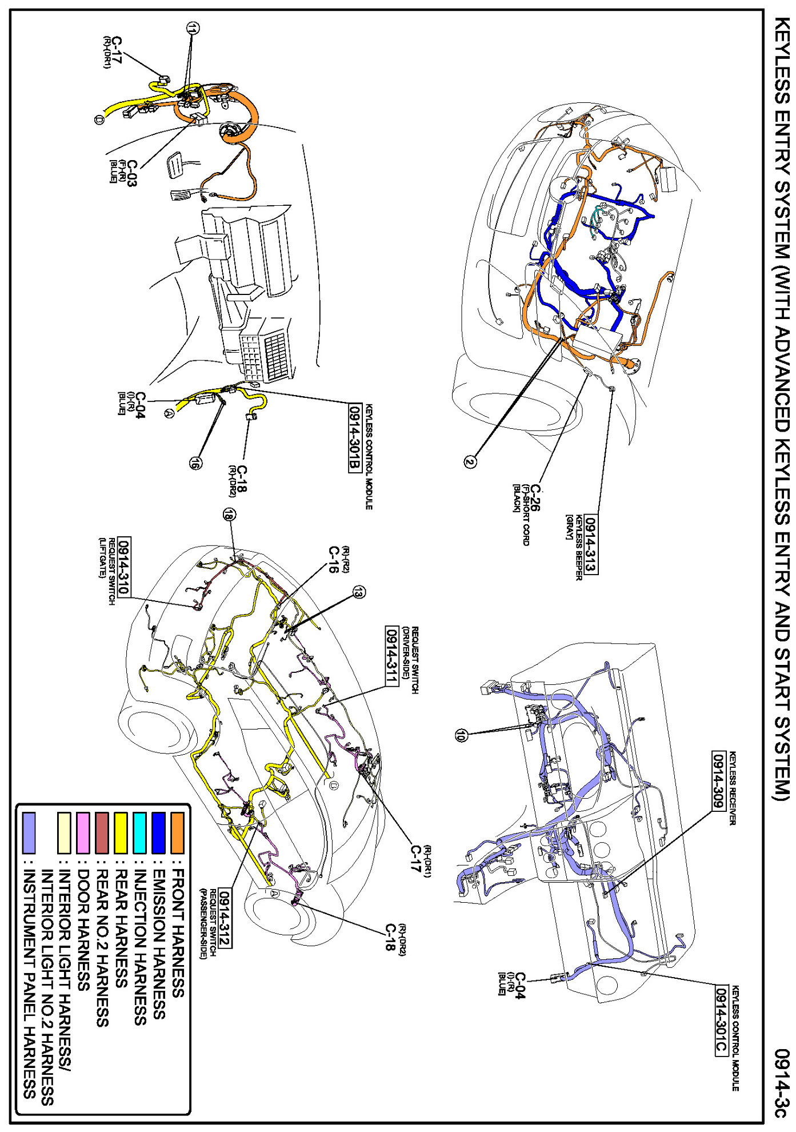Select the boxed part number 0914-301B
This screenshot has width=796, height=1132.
[x=355, y=438]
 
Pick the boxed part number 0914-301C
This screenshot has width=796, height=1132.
[x=721, y=1021]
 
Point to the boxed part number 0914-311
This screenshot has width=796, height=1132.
[x=391, y=656]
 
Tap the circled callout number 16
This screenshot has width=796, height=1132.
[x=195, y=464]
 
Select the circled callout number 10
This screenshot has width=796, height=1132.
[x=461, y=736]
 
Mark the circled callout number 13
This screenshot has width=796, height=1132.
[x=358, y=592]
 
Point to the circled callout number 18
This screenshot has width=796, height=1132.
[x=229, y=515]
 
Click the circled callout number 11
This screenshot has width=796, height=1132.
[x=192, y=27]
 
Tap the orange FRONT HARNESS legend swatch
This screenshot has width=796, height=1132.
[x=178, y=832]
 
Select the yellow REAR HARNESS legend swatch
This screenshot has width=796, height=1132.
[x=121, y=832]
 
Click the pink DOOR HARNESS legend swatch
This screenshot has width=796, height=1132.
[x=83, y=832]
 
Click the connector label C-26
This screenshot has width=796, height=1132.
[x=535, y=498]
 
